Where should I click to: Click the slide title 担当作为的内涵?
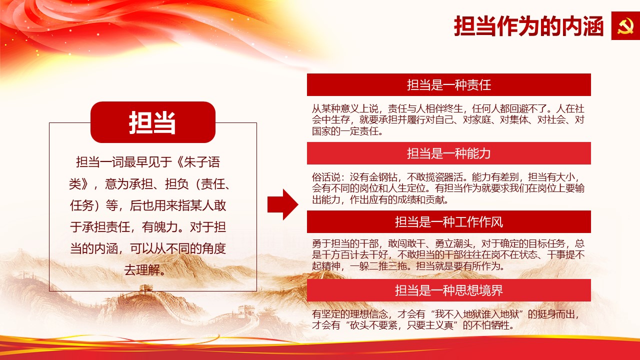[x=528, y=26]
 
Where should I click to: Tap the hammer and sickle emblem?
[x=625, y=26]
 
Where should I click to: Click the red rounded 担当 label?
[x=153, y=122]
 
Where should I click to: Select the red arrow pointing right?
[x=283, y=204]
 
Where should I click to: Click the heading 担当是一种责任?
[x=449, y=85]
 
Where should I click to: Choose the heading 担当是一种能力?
[x=449, y=153]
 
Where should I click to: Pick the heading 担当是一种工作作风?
[x=449, y=222]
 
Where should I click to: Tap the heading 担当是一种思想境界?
[x=449, y=290]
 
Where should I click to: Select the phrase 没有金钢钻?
[x=373, y=177]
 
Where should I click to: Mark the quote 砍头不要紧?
[x=373, y=325]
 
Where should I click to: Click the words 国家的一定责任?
[x=345, y=131]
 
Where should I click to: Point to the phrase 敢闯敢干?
[x=406, y=243]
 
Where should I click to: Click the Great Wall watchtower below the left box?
[x=145, y=288]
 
